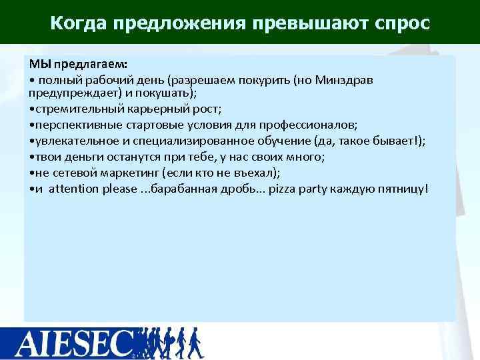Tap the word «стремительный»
pos(71,109)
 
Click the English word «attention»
pos(74,189)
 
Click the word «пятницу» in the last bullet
pos(404,189)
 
